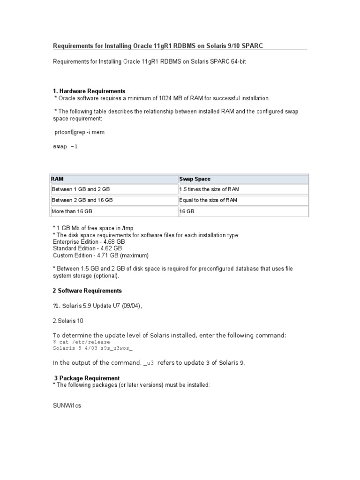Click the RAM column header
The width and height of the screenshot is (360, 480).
click(x=58, y=179)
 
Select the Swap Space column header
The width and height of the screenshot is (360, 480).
click(x=195, y=179)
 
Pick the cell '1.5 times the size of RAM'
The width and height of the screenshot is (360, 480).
click(x=209, y=189)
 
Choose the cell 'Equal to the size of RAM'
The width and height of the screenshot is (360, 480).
click(x=208, y=200)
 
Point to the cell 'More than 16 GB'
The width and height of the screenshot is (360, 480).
click(x=72, y=211)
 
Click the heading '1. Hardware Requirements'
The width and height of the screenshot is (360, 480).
click(x=89, y=91)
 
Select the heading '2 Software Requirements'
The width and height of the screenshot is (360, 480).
click(x=87, y=291)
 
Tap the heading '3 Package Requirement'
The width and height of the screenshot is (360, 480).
click(x=87, y=378)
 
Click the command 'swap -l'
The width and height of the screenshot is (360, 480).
click(x=65, y=146)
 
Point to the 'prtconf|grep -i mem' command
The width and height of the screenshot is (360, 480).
click(x=80, y=132)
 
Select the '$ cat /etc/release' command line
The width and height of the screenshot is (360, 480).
click(x=81, y=342)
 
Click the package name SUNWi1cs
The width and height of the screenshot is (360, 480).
click(x=67, y=405)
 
